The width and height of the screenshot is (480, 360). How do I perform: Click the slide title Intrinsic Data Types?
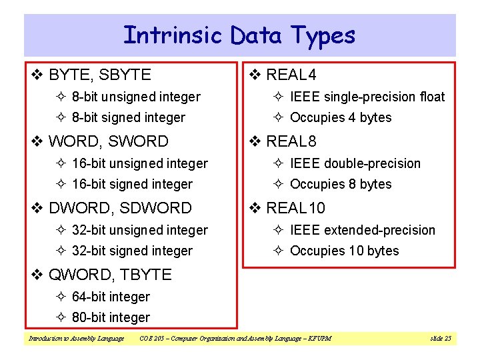[239, 35]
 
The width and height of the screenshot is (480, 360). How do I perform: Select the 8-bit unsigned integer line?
[135, 97]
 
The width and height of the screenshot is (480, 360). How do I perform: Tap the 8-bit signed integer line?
[128, 117]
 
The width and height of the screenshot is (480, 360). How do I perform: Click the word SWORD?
[138, 141]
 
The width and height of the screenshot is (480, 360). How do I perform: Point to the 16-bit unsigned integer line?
[139, 163]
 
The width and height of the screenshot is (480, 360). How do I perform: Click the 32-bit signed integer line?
[132, 251]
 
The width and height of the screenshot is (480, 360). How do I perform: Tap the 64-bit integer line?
[111, 297]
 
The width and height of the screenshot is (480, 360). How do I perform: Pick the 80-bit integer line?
[111, 317]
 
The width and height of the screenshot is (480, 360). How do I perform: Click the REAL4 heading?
[291, 75]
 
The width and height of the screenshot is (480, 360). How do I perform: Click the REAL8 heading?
[291, 141]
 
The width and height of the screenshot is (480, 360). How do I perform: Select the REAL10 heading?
[295, 208]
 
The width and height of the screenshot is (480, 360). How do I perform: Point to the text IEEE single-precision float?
[367, 97]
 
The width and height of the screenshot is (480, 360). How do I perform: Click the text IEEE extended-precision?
[362, 230]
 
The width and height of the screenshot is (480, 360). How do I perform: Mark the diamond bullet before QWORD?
[38, 275]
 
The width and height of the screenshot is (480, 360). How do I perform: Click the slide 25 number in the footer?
[441, 339]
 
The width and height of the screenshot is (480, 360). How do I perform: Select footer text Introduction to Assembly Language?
[75, 339]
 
